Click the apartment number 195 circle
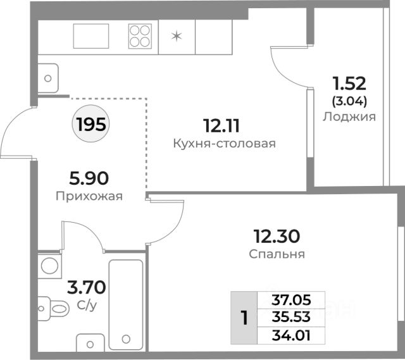coord(90,123)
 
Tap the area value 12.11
coord(221,126)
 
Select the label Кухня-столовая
coord(224,144)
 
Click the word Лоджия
coord(349,117)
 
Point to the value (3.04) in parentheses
coord(349,101)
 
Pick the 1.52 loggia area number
coord(349,84)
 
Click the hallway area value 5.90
coord(89,178)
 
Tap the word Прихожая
coord(89,196)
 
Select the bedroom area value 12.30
coord(277,236)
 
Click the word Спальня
coord(277,254)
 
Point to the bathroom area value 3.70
coord(87,287)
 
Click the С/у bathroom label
coord(87,306)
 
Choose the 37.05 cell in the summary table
coord(291,300)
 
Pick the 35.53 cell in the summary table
coord(291,318)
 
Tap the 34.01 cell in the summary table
coord(291,335)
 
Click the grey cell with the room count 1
coord(244,318)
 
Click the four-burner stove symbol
coord(140,36)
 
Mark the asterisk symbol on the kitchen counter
coord(177,37)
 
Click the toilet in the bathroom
coord(53,308)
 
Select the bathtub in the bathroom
coord(126,305)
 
